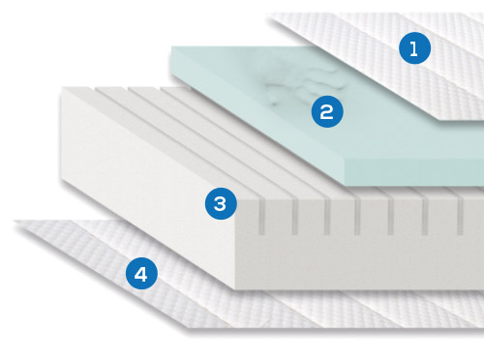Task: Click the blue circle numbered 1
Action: [414, 48]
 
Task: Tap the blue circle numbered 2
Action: [327, 111]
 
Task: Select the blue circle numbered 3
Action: [221, 203]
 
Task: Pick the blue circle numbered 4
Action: [141, 274]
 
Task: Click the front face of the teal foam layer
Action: [414, 172]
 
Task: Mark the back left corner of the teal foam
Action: [171, 47]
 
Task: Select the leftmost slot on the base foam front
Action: [261, 217]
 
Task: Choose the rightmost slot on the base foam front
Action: [460, 217]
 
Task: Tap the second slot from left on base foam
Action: [294, 217]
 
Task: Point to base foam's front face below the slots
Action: [360, 261]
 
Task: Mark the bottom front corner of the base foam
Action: [236, 288]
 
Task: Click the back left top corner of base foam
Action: [62, 88]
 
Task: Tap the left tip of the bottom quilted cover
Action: [15, 222]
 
